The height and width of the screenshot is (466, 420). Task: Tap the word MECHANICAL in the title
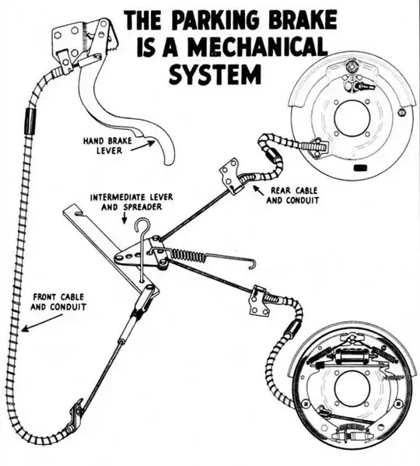[x=257, y=47]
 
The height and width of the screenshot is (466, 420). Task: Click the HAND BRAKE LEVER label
[x=107, y=145]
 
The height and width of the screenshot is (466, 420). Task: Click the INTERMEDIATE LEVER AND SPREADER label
[x=131, y=201]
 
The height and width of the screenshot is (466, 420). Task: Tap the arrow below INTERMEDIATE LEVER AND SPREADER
[x=124, y=218]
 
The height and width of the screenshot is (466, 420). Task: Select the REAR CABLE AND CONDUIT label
[x=292, y=195]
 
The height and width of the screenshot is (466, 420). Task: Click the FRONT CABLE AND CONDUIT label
[x=58, y=302]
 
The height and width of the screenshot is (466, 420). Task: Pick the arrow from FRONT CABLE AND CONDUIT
[x=42, y=323]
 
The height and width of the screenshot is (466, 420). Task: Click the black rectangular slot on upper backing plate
[x=360, y=168]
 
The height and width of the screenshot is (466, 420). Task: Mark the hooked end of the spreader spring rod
[x=252, y=265]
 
